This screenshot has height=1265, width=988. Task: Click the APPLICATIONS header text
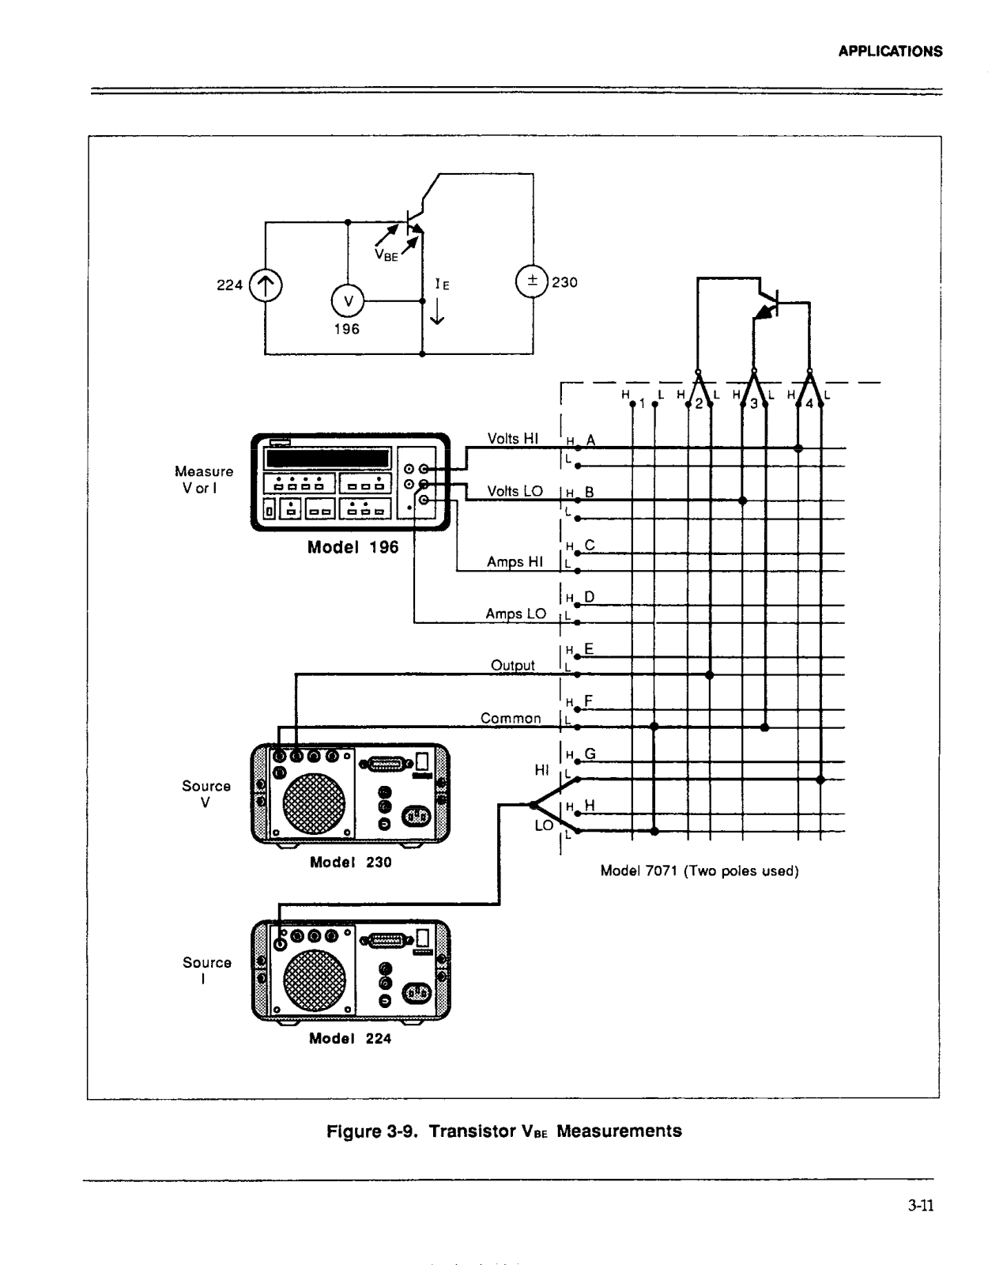[x=890, y=51]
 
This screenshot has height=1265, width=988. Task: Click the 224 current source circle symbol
[x=266, y=285]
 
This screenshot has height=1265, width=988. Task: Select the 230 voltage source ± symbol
[x=532, y=281]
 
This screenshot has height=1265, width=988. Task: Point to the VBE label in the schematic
[x=387, y=255]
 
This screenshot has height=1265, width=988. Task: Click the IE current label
[x=442, y=285]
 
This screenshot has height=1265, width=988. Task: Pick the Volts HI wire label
[x=512, y=439]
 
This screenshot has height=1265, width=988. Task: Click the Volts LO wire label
[x=515, y=491]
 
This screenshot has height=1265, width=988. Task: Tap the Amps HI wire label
[x=515, y=562]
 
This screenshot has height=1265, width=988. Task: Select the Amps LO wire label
[x=515, y=614]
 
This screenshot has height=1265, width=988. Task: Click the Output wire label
[x=512, y=666]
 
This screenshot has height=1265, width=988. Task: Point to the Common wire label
[x=511, y=718]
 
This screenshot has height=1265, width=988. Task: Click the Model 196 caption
[x=353, y=547]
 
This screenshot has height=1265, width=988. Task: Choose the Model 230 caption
[x=350, y=863]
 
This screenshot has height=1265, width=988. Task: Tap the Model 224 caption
[x=350, y=1039]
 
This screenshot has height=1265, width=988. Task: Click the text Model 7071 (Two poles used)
[x=700, y=871]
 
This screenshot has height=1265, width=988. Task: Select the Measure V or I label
[x=204, y=480]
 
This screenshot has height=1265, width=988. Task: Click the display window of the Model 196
[x=328, y=459]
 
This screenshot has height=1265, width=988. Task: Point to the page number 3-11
[x=921, y=1206]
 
